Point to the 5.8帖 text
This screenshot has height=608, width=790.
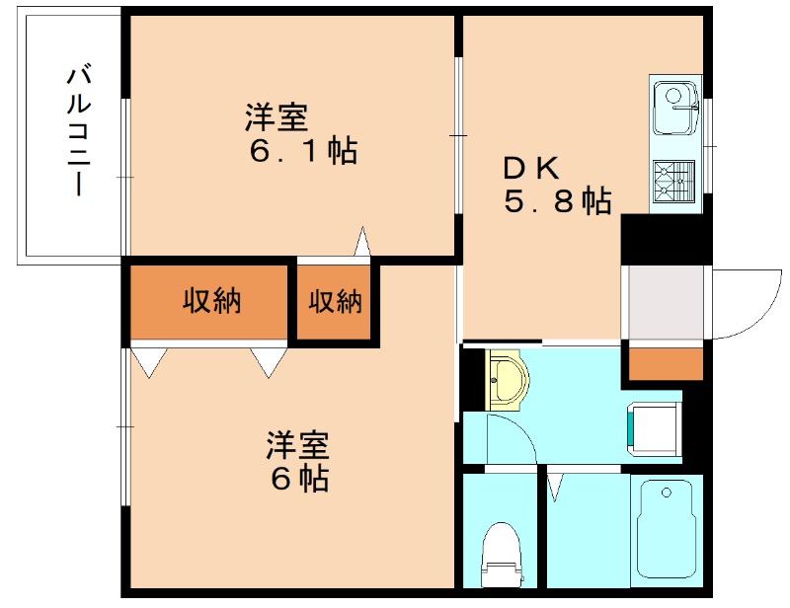point(557,201)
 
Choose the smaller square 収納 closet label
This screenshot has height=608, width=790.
point(336,301)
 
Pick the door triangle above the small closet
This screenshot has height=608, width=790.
point(362,241)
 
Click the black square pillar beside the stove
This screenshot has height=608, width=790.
point(661,239)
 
